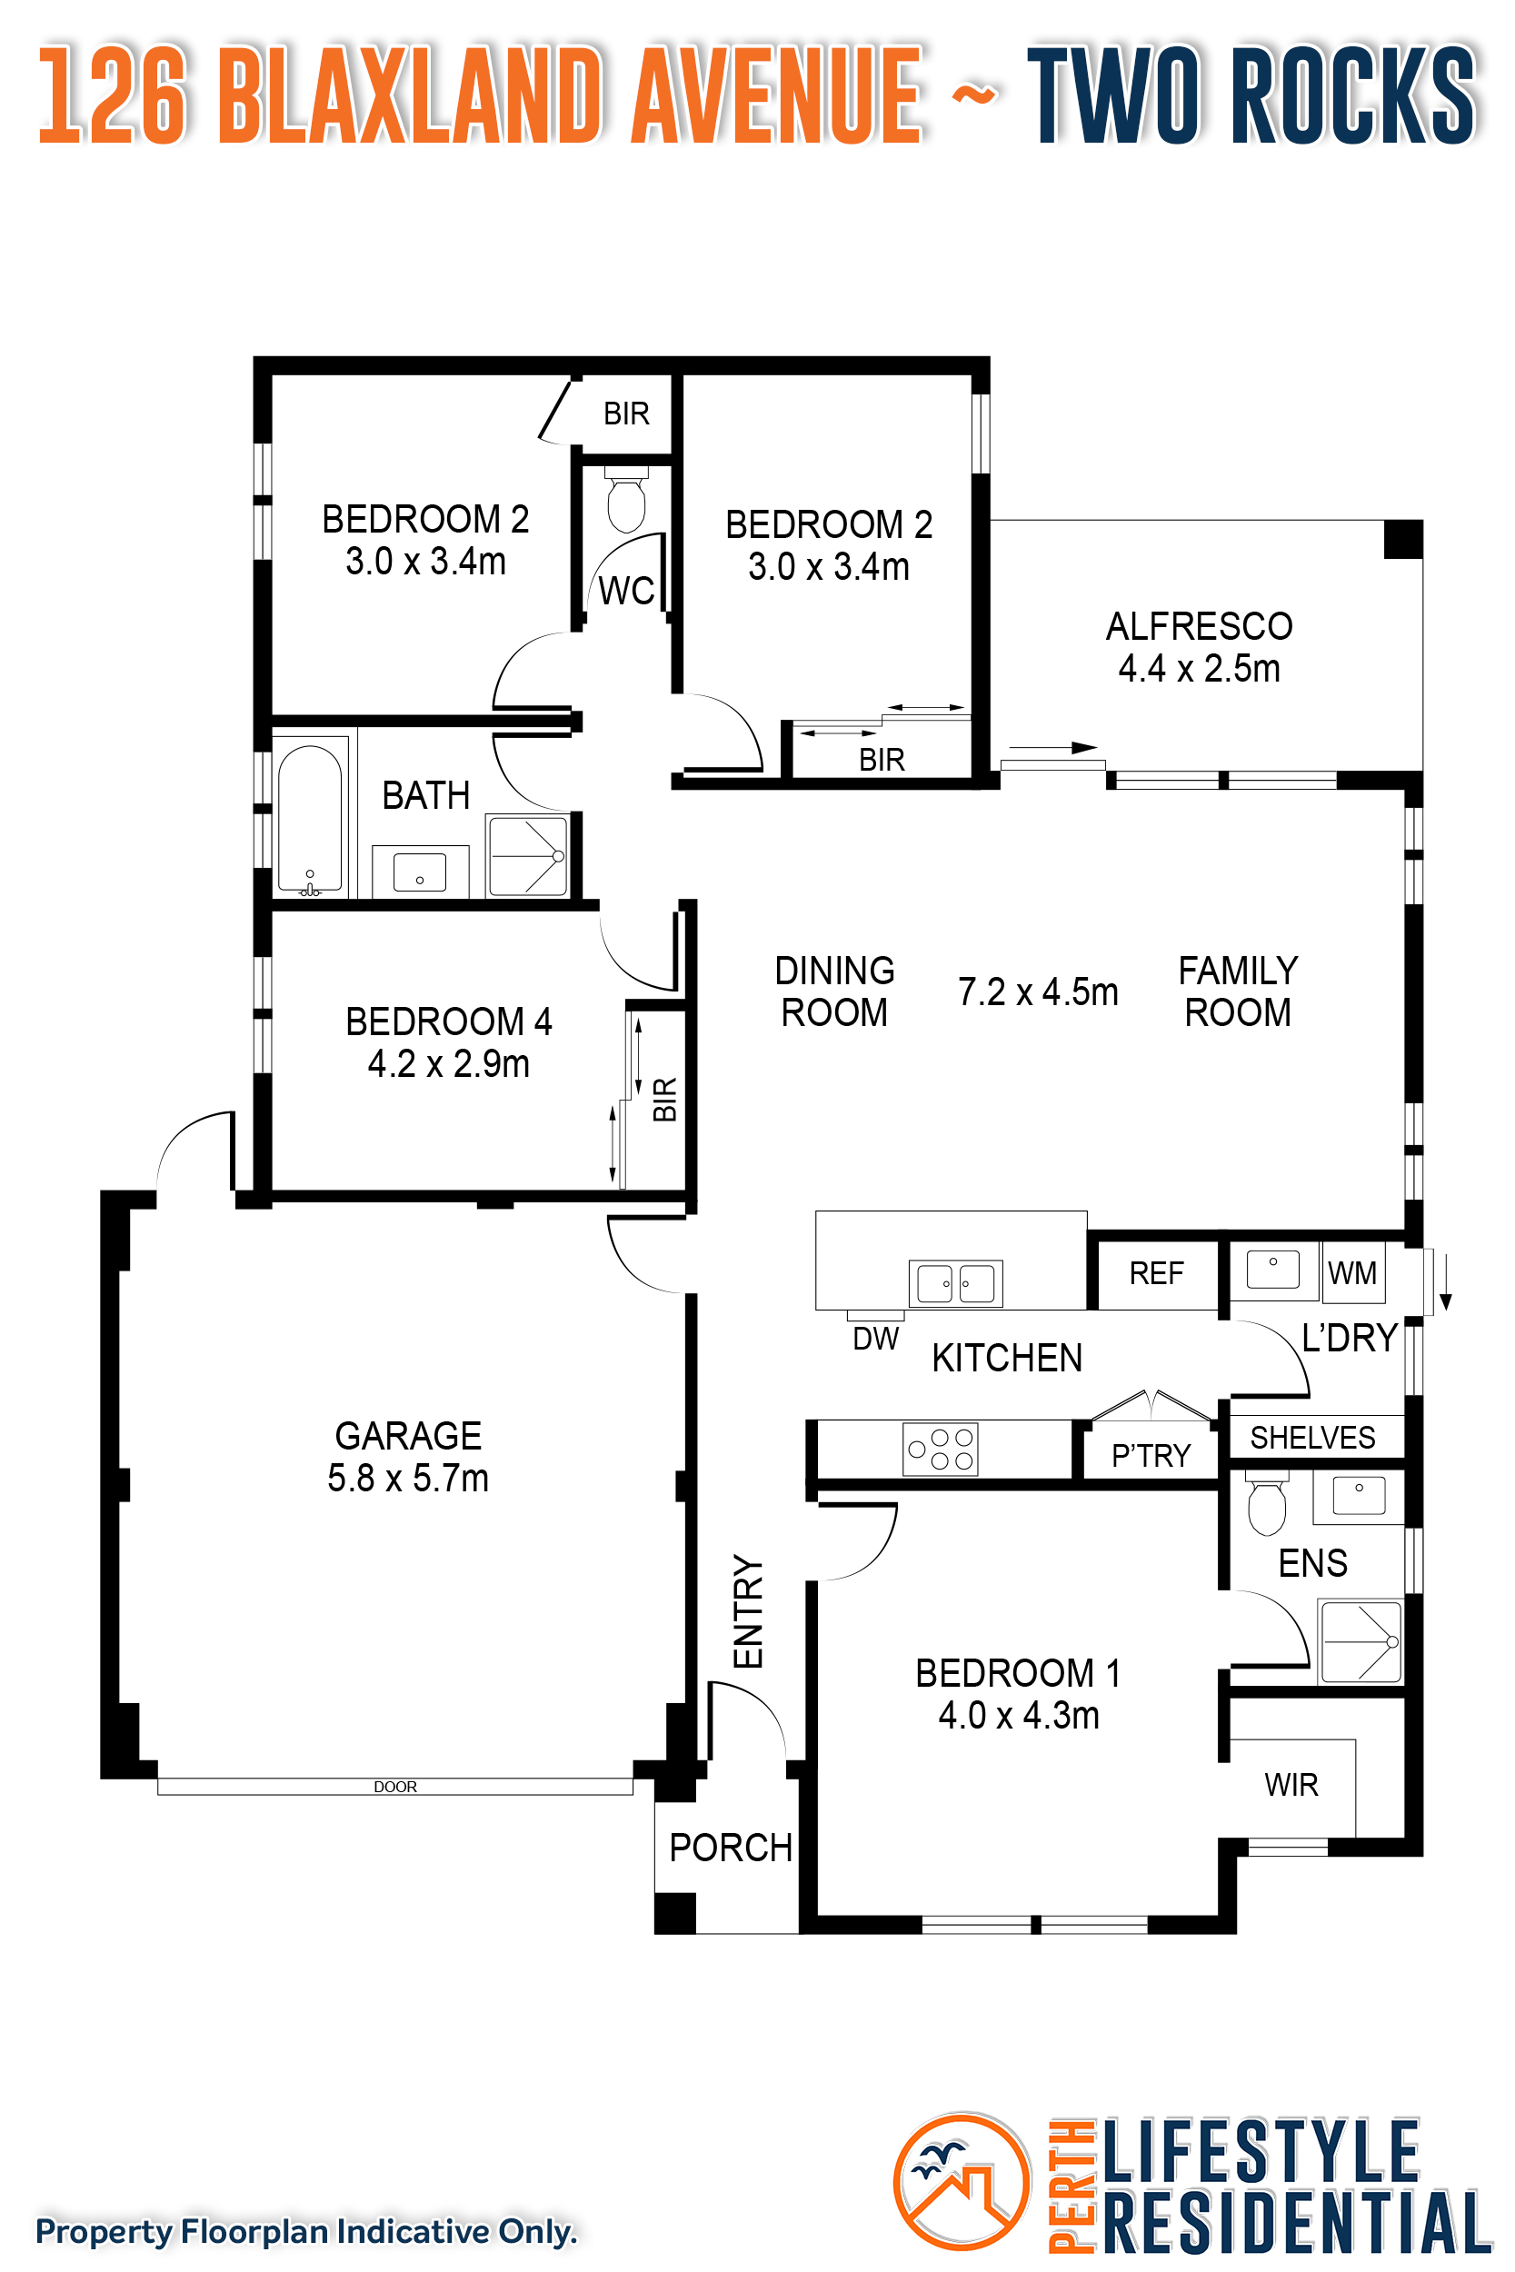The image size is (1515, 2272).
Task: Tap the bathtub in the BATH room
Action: click(x=310, y=817)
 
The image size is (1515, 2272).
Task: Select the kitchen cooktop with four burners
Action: click(x=940, y=1448)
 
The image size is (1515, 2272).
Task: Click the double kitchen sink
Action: click(x=955, y=1284)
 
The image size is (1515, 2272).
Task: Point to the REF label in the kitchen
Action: click(x=1156, y=1273)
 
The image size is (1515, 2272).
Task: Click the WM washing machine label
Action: click(x=1351, y=1273)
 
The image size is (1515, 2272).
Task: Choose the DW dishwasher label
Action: click(x=875, y=1339)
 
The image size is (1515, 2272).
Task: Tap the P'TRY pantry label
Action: click(x=1151, y=1455)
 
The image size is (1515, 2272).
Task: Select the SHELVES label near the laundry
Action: click(x=1312, y=1438)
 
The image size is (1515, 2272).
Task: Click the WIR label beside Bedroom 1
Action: click(x=1291, y=1784)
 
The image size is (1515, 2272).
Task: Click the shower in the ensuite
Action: click(x=1361, y=1641)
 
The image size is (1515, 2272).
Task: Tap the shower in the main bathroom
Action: click(x=527, y=856)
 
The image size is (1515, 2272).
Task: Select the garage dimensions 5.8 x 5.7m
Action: click(x=408, y=1478)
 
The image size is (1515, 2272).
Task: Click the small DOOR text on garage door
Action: click(x=395, y=1786)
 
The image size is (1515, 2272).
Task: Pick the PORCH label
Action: click(x=731, y=1847)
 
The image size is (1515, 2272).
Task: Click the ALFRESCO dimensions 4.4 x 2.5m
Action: click(x=1199, y=669)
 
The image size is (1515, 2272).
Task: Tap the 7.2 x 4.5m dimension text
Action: click(x=1038, y=992)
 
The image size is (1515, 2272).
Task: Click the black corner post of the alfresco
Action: click(x=1403, y=539)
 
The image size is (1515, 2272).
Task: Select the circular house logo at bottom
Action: click(x=962, y=2182)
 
